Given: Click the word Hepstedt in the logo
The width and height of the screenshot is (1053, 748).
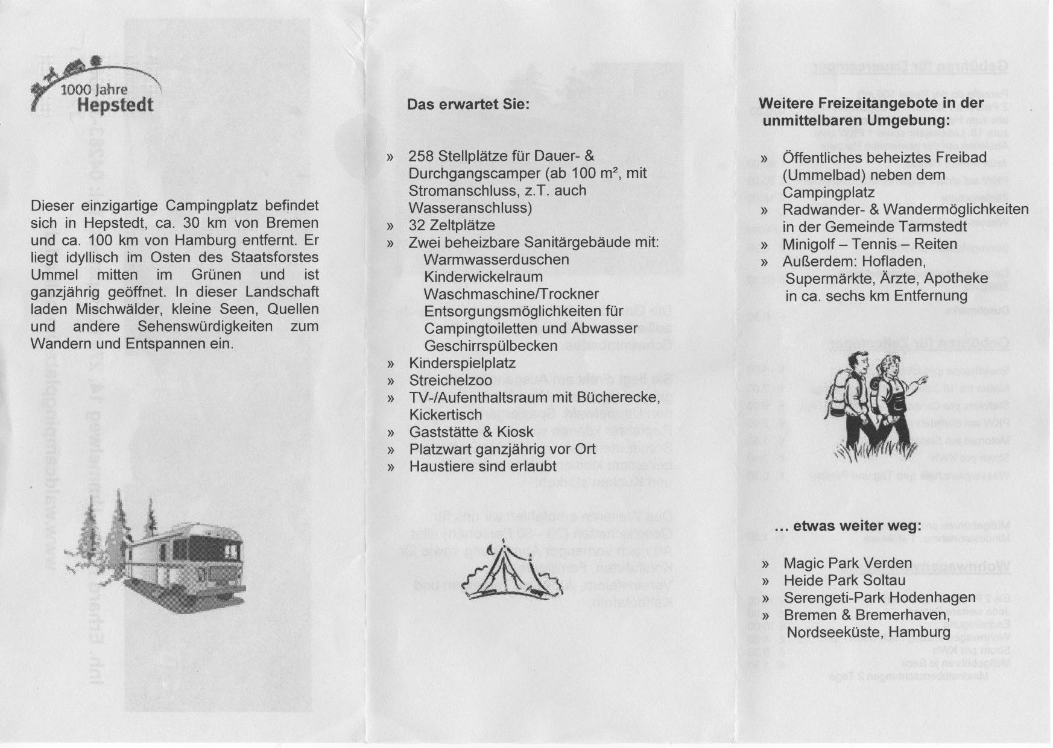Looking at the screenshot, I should pos(115,105).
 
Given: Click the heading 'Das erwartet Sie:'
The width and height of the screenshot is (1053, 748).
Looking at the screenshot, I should pos(468,104).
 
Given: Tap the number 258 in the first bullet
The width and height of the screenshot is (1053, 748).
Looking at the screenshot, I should pos(421,156).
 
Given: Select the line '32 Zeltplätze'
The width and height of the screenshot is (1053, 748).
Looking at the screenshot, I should pos(452,225).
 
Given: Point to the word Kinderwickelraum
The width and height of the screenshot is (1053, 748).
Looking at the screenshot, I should pos(483,277).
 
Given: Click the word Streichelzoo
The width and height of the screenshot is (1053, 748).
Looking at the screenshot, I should pos(451,381).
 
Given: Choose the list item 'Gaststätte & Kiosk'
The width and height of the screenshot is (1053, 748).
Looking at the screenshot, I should pos(471,432).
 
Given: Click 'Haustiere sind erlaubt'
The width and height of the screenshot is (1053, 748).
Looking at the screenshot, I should pos(482,467).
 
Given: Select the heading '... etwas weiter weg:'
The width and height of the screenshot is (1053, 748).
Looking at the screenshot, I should pos(848,526).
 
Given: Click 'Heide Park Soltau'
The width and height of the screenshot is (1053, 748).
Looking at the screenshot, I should pos(844,580).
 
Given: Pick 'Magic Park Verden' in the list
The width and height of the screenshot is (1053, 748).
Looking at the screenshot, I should pos(847,564).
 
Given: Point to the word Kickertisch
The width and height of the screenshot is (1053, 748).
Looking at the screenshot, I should pos(446,415).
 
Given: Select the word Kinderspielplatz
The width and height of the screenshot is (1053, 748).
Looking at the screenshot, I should pos(462,363).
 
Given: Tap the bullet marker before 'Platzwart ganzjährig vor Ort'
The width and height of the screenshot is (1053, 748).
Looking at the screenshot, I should pos(391,450).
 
